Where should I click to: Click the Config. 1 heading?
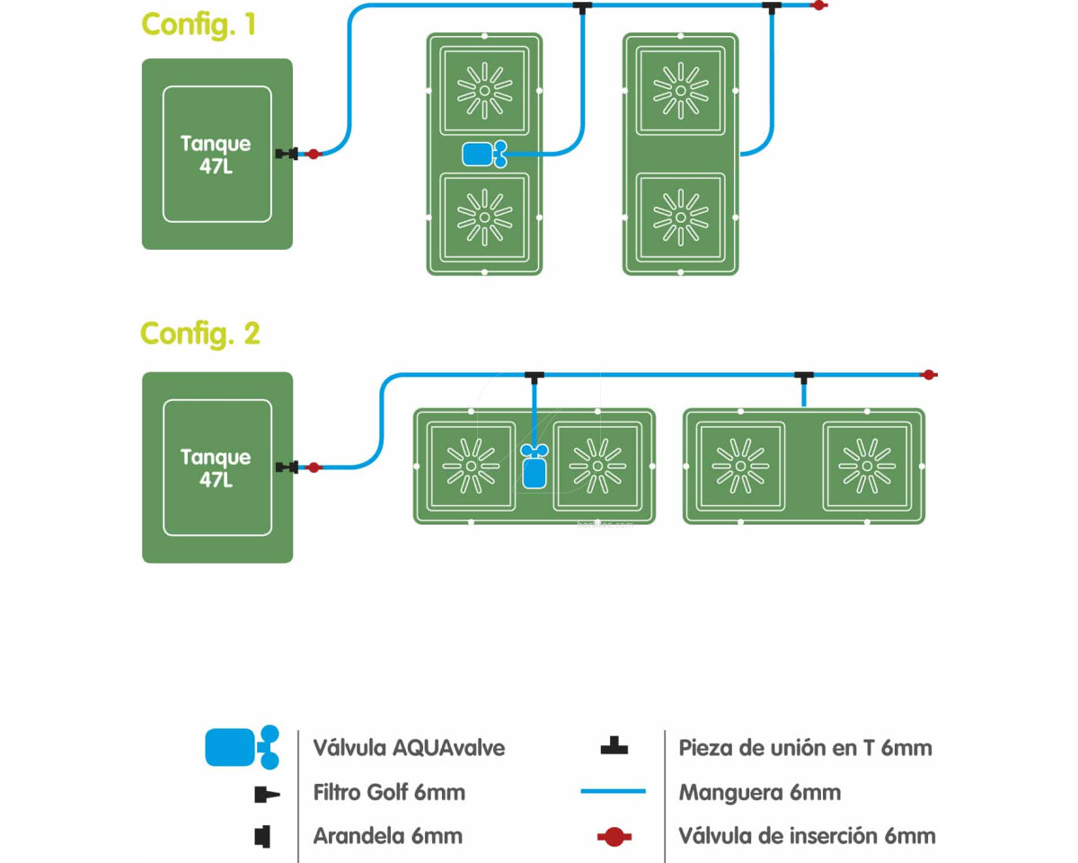click(199, 24)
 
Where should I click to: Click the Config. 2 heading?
click(199, 334)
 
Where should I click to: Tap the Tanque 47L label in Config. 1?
click(216, 155)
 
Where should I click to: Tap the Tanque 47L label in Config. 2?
click(216, 467)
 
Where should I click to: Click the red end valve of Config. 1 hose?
click(818, 5)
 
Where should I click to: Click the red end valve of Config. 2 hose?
click(929, 374)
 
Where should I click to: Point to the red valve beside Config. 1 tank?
click(313, 155)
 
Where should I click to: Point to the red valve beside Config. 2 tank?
click(313, 467)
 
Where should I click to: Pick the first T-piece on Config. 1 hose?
click(582, 7)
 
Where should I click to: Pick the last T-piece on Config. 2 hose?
click(802, 375)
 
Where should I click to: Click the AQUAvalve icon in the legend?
click(241, 747)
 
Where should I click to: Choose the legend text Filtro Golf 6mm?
click(389, 793)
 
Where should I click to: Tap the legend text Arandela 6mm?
click(387, 836)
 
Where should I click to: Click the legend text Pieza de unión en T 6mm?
click(805, 747)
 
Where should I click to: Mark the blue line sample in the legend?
click(614, 792)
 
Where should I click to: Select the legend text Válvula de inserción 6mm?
click(807, 836)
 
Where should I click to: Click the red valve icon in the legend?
click(614, 837)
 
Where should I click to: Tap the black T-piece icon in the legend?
click(614, 746)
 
